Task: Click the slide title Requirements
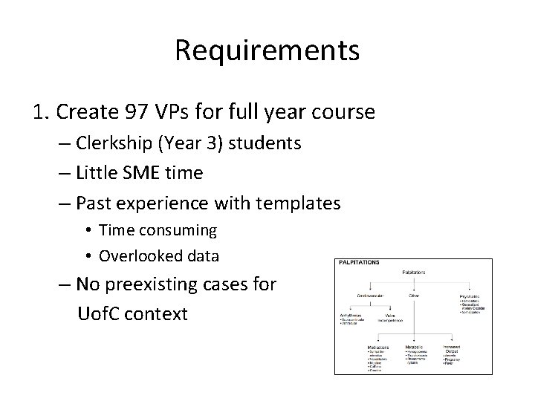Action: tap(267, 50)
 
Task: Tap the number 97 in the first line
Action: tap(140, 113)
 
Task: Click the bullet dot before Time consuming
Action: tap(87, 231)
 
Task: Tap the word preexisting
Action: tap(176, 284)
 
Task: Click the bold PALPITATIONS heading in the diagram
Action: tap(360, 263)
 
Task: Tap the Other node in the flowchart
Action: tap(415, 296)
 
